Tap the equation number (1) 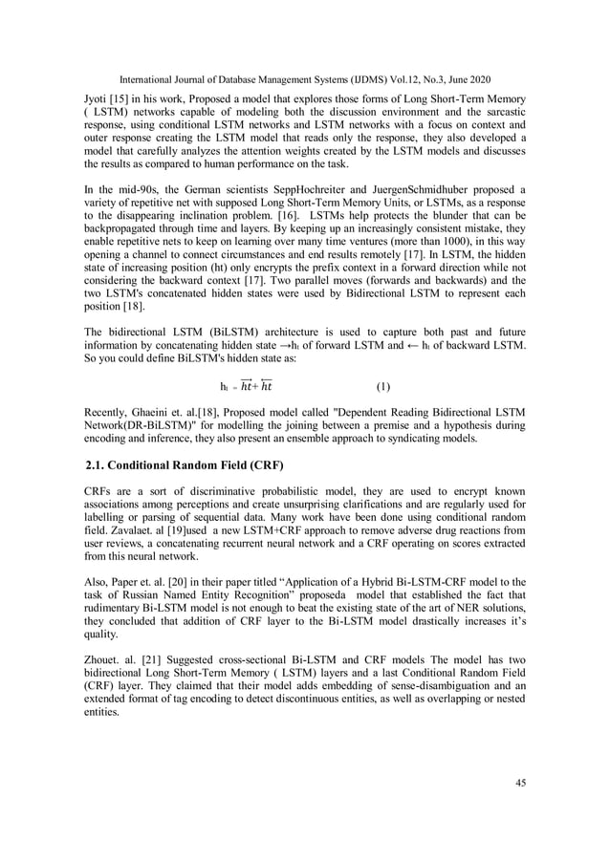382,387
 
